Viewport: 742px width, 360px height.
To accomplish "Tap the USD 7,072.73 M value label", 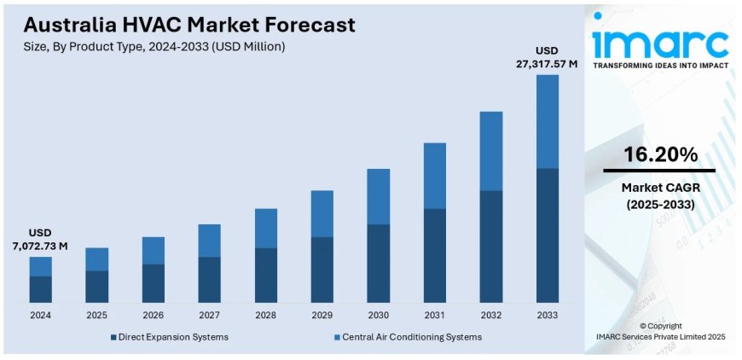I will click(x=40, y=240).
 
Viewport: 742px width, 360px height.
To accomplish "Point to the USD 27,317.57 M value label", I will click(x=547, y=57).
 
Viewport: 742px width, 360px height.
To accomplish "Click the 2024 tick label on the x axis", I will click(x=40, y=315).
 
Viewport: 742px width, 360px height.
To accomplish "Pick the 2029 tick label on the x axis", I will click(x=322, y=315).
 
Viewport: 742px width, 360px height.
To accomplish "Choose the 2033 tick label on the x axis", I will click(x=547, y=315).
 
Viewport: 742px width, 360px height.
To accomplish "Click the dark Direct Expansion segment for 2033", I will click(x=547, y=235).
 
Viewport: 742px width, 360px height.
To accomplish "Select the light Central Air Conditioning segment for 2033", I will click(x=547, y=121).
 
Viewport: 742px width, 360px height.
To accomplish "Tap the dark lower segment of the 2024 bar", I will click(x=40, y=289).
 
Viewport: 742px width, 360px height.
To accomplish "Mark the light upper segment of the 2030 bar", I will click(x=378, y=196).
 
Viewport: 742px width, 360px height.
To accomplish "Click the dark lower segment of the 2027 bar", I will click(x=209, y=280).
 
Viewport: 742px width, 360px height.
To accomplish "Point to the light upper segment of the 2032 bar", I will click(x=490, y=151).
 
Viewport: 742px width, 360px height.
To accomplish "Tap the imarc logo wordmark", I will click(x=661, y=40).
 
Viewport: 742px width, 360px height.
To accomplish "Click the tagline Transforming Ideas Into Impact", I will click(x=661, y=66).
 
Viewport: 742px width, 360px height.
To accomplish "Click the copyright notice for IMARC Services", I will click(x=660, y=332).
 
